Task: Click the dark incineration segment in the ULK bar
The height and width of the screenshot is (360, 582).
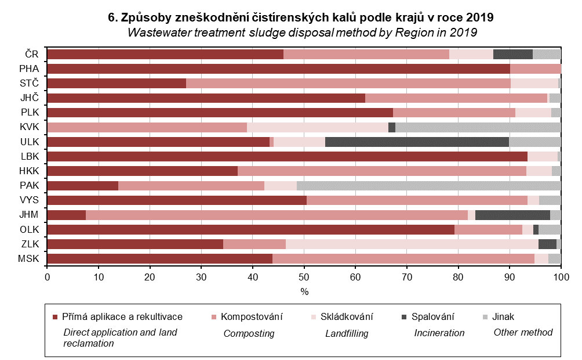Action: [x=417, y=142]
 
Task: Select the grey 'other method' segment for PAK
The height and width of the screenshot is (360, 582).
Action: [x=428, y=186]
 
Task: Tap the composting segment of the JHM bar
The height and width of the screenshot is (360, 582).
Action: [x=277, y=215]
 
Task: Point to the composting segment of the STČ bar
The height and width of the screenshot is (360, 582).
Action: [x=348, y=83]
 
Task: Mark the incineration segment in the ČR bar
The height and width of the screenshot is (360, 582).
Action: [x=512, y=54]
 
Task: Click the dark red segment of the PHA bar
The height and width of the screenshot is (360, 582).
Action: [x=278, y=69]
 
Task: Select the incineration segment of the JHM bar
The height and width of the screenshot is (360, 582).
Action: [x=512, y=215]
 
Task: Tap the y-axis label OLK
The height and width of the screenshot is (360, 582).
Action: [x=28, y=229]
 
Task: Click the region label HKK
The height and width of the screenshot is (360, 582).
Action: [x=28, y=171]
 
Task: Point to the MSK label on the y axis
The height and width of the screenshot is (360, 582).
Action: [x=28, y=259]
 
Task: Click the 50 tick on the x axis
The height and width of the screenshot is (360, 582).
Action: [x=304, y=277]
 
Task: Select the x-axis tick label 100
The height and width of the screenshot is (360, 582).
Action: [x=561, y=277]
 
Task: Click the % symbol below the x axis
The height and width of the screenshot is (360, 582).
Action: [x=304, y=291]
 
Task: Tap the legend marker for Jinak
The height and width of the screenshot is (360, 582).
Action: [x=485, y=317]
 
